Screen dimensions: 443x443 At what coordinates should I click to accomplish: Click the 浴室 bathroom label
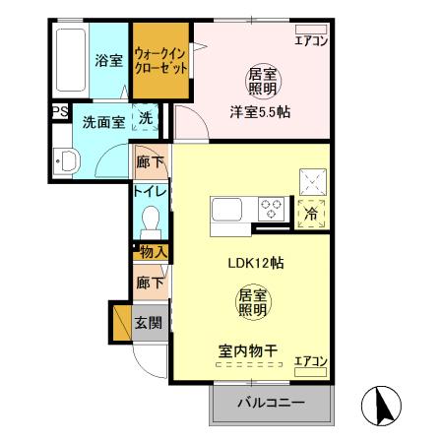[x=108, y=61]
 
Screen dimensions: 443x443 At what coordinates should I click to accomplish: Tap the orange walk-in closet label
[x=160, y=63]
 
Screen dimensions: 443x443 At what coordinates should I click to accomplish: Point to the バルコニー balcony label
[x=271, y=404]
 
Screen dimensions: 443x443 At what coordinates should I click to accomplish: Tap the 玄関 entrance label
[x=150, y=323]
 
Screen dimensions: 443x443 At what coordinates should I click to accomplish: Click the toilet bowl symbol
[x=151, y=218]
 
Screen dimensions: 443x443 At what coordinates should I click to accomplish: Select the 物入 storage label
[x=153, y=252]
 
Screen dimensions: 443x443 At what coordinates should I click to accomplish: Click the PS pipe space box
[x=58, y=112]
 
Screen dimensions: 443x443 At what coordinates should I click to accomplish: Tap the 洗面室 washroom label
[x=102, y=124]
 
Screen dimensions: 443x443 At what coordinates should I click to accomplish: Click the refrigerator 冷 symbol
[x=311, y=210]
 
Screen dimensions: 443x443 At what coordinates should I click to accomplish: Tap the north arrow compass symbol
[x=384, y=406]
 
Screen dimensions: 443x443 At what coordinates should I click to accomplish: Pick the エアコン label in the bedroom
[x=311, y=40]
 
